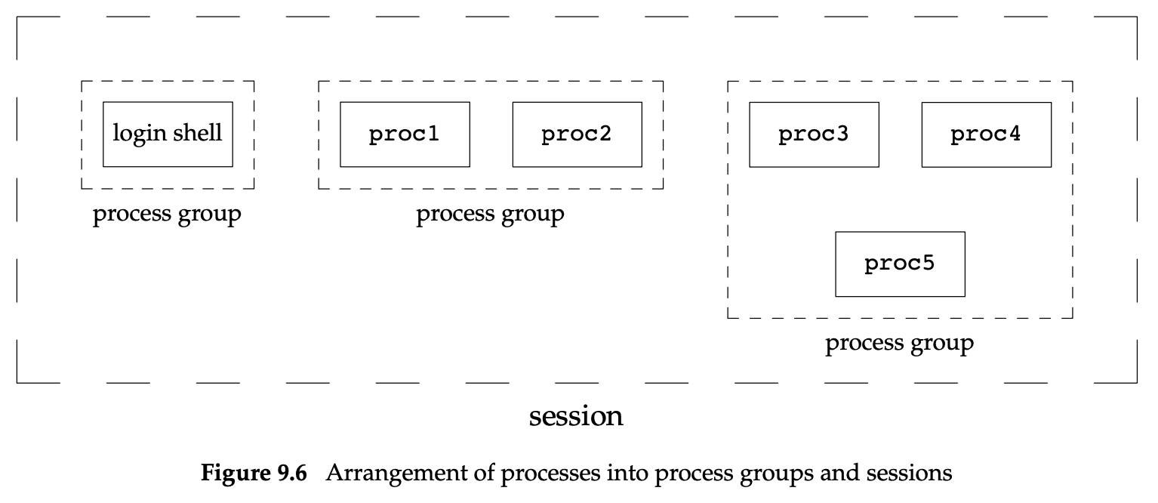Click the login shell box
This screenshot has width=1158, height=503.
click(x=168, y=134)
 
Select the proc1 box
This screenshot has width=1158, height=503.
click(x=405, y=134)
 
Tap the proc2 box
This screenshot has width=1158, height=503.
click(x=577, y=134)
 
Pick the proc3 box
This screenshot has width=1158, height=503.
click(x=814, y=134)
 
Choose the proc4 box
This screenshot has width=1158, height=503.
click(x=986, y=134)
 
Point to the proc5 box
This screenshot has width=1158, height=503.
click(x=900, y=264)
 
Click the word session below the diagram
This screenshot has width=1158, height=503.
click(x=576, y=415)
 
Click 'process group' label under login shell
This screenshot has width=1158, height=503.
click(x=167, y=214)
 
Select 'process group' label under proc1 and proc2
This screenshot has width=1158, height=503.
click(x=490, y=214)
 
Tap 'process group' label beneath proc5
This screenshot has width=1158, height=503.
click(x=899, y=344)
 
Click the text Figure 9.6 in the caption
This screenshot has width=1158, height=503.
click(x=254, y=474)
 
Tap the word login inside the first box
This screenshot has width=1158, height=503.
click(x=138, y=134)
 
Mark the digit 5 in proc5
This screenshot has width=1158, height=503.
click(x=928, y=264)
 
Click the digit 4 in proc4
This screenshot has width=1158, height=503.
click(x=1014, y=134)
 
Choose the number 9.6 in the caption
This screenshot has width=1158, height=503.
click(x=289, y=474)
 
